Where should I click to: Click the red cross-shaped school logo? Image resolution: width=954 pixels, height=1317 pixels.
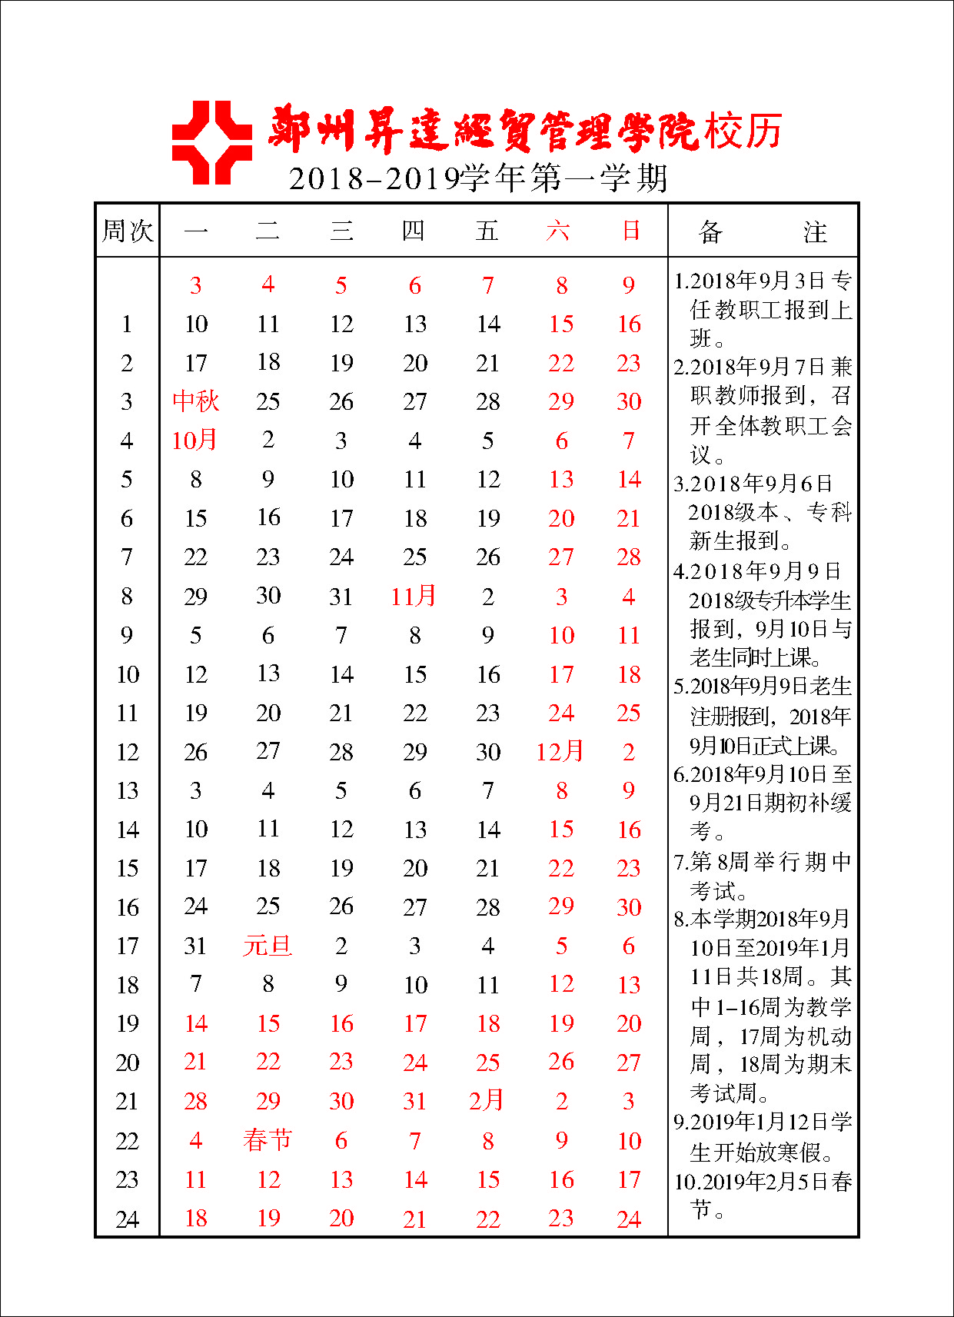tap(211, 142)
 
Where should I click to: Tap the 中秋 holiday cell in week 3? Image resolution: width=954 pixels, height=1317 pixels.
tap(195, 401)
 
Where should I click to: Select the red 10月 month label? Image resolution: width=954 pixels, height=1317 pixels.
tap(194, 440)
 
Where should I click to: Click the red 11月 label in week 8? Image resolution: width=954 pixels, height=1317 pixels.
tap(414, 596)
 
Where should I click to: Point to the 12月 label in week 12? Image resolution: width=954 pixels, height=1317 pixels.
tap(560, 751)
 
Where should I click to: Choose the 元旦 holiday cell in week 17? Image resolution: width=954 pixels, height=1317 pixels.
tap(268, 945)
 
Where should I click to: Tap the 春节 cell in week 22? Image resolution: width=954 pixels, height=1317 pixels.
tap(268, 1139)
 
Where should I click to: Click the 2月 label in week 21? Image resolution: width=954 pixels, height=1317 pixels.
tap(487, 1100)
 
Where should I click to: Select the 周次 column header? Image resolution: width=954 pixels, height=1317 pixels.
tap(128, 231)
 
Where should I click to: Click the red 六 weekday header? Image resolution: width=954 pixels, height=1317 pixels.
tap(559, 231)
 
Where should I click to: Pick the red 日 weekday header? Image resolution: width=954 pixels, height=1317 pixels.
tap(630, 231)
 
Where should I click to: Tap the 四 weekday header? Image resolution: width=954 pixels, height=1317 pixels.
tap(414, 231)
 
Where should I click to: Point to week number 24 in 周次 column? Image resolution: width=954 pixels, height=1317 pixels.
tap(128, 1219)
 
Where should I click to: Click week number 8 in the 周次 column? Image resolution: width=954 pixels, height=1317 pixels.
tap(127, 596)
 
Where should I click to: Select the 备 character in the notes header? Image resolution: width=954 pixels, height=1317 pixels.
tap(710, 231)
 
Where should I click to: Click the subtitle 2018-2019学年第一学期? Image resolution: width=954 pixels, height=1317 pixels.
tap(477, 179)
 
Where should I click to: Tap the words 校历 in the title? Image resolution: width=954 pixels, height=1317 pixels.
tap(743, 131)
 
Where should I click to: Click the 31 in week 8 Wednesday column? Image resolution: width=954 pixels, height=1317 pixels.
tap(341, 596)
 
